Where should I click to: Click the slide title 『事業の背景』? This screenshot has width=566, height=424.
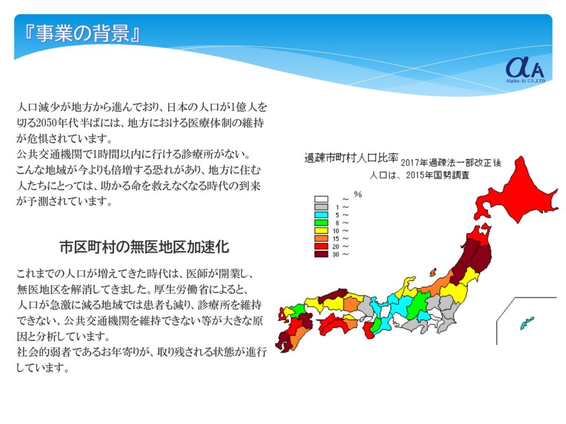pos(81,34)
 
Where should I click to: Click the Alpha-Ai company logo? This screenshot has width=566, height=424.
pos(525,70)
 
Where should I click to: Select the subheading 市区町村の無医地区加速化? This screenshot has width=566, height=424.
pos(144,247)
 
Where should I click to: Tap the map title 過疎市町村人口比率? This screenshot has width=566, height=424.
pos(351,158)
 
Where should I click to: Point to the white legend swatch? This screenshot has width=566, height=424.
pos(321,199)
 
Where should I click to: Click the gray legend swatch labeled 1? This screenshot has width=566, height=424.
pos(321,207)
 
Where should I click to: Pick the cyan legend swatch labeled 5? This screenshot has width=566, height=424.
pos(321,215)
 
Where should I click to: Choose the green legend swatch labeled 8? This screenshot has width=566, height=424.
pos(321,223)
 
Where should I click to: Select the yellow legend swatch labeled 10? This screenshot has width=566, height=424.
pos(321,231)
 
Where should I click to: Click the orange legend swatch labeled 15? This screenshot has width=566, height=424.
pos(321,239)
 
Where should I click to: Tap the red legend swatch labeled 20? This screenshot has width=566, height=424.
pos(321,247)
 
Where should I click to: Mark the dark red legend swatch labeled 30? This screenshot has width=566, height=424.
pos(321,254)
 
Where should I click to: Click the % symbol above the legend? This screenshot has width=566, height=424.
pos(358,195)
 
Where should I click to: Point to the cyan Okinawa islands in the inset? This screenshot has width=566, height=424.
pos(527,322)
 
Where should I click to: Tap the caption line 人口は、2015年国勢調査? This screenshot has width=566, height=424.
pos(419,175)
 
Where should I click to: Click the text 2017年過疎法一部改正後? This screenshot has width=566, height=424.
pos(451,163)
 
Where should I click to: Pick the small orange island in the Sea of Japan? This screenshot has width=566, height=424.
pos(433,273)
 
